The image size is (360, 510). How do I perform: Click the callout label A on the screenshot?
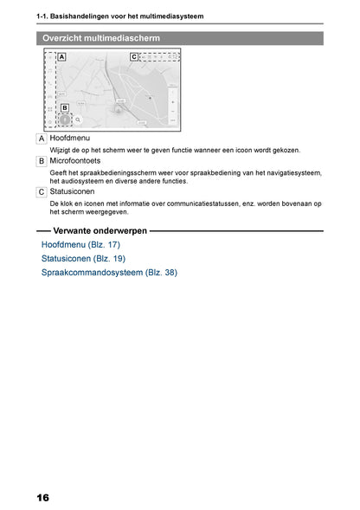pyautogui.click(x=61, y=57)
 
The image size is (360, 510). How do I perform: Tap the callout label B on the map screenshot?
pyautogui.click(x=65, y=107)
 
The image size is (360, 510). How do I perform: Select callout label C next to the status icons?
pyautogui.click(x=134, y=57)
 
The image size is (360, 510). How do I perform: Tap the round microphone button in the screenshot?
pyautogui.click(x=65, y=119)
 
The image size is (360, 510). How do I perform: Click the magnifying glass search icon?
pyautogui.click(x=78, y=119)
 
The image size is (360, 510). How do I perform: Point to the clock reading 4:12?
pyautogui.click(x=172, y=57)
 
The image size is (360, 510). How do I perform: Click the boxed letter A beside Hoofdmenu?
pyautogui.click(x=42, y=139)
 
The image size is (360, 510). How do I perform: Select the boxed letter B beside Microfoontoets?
pyautogui.click(x=42, y=161)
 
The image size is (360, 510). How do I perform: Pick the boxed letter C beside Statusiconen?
pyautogui.click(x=42, y=192)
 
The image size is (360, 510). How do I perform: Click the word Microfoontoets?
pyautogui.click(x=75, y=161)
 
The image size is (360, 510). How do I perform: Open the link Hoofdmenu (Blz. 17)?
pyautogui.click(x=80, y=244)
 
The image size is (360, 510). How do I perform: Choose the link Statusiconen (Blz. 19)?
pyautogui.click(x=83, y=259)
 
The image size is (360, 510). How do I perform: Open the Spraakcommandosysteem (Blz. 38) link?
pyautogui.click(x=109, y=273)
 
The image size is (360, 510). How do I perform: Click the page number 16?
pyautogui.click(x=42, y=498)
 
